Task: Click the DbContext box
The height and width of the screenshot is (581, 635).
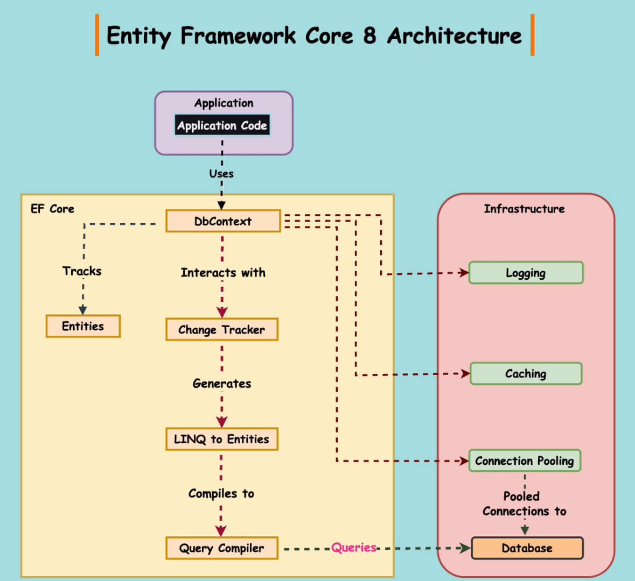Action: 223,221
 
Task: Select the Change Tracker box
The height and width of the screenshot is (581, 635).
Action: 222,330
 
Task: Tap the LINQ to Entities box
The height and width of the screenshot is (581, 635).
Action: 222,439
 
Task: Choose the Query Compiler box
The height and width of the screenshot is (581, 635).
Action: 222,548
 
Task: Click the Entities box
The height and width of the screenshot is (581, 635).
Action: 83,326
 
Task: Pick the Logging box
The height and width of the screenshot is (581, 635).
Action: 526,273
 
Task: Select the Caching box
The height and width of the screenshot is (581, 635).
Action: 526,373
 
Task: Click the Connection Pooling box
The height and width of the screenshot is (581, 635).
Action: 525,460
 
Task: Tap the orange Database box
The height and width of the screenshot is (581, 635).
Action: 527,548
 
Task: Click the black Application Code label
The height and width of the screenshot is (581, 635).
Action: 222,125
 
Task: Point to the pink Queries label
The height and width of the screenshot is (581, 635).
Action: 353,548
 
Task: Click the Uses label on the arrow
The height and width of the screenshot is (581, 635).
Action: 221,174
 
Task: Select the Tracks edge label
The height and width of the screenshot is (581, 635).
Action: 82,271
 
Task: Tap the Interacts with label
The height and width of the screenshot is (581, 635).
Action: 223,273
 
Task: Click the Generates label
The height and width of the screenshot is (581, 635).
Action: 222,384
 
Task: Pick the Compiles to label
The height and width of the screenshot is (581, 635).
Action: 221,493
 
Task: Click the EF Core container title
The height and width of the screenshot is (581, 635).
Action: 53,209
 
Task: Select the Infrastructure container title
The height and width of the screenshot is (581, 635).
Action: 524,209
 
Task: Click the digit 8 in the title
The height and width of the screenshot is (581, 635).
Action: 369,36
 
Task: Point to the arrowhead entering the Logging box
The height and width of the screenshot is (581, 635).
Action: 464,273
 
